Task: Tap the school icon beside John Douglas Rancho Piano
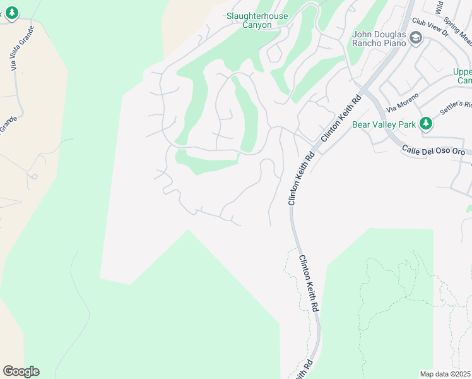click(x=416, y=39)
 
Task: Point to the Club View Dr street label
click(x=429, y=29)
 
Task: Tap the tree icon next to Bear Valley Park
click(x=426, y=124)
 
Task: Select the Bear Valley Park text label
click(x=384, y=124)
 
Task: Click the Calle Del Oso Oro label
click(x=434, y=151)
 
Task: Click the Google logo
click(x=21, y=371)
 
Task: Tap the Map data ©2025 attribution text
click(x=445, y=374)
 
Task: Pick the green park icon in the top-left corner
click(x=11, y=13)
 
